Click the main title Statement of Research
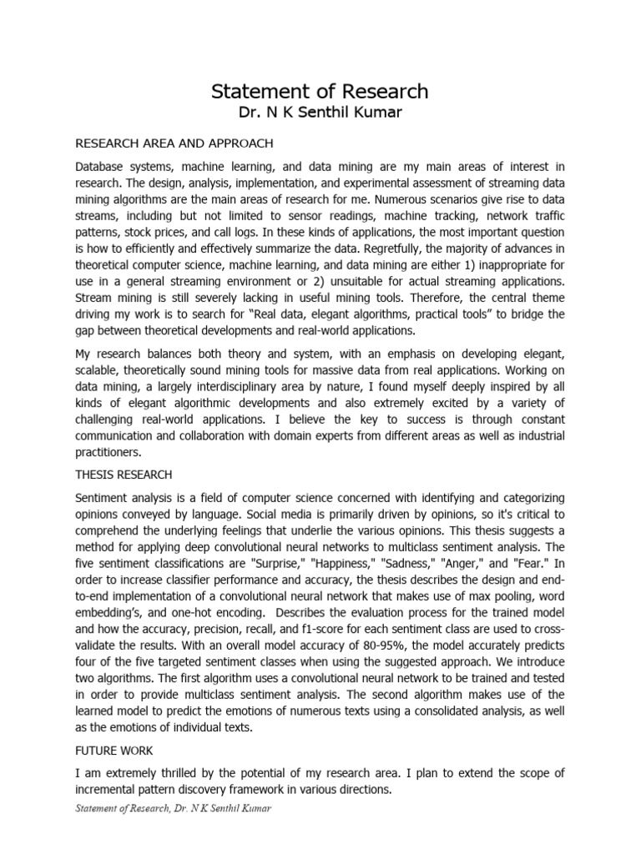coord(320,91)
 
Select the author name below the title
coord(320,113)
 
